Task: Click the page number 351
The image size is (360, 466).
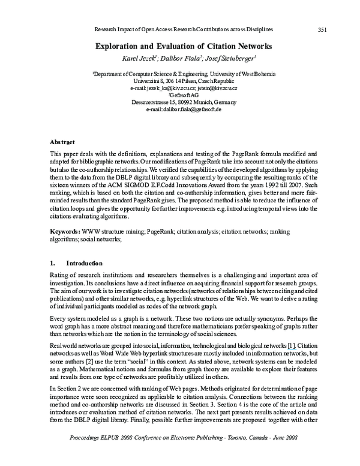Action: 322,29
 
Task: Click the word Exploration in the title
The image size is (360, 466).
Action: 117,46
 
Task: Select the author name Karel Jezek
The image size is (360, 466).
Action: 123,58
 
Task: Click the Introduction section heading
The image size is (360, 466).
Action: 84,262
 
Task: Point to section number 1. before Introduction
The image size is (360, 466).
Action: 53,262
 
